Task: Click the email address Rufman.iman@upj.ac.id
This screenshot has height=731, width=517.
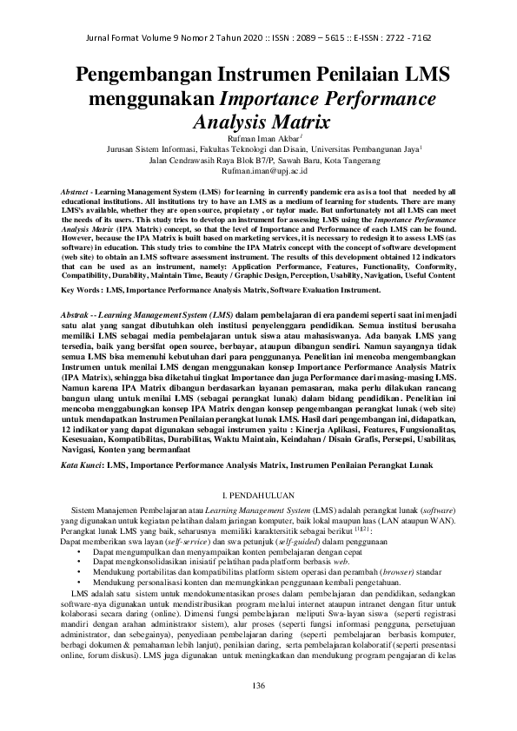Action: (259, 171)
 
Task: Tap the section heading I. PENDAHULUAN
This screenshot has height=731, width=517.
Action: (258, 492)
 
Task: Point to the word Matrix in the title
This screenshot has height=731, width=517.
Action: (300, 120)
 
